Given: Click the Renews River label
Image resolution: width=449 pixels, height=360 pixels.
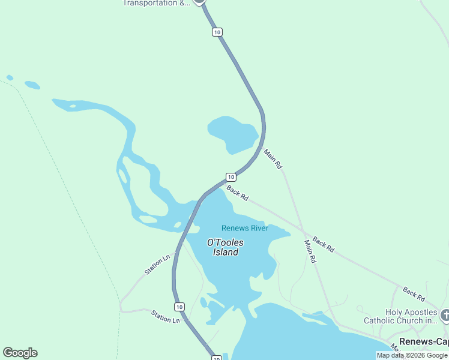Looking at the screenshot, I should click(244, 228).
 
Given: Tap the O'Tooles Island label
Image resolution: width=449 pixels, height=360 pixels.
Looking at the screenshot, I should click(225, 247).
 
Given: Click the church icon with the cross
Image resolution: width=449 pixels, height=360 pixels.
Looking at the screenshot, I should click(445, 315).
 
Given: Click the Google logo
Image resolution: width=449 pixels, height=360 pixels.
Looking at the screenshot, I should click(20, 353).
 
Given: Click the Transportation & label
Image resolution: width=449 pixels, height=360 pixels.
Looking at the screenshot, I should click(156, 3).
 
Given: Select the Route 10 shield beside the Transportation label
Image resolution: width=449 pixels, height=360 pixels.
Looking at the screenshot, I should click(217, 32).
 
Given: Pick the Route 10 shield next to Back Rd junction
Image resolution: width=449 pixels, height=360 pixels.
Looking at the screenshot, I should click(231, 176).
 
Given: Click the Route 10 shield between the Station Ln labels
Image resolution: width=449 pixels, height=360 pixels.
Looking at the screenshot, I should click(179, 307).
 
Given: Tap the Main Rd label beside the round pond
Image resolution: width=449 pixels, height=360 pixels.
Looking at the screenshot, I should click(273, 159).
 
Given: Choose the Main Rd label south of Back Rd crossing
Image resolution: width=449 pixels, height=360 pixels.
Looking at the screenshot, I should click(310, 251).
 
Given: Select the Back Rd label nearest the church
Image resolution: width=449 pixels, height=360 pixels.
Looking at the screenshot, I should click(414, 294).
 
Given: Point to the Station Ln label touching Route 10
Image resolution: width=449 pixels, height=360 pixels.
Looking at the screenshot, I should click(157, 265).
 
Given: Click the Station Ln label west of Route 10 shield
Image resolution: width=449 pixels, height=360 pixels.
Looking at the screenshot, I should click(166, 316).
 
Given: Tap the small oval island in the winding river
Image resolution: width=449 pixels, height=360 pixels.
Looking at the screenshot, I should click(122, 176).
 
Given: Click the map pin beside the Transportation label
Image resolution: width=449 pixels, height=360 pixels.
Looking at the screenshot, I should click(200, 2).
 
